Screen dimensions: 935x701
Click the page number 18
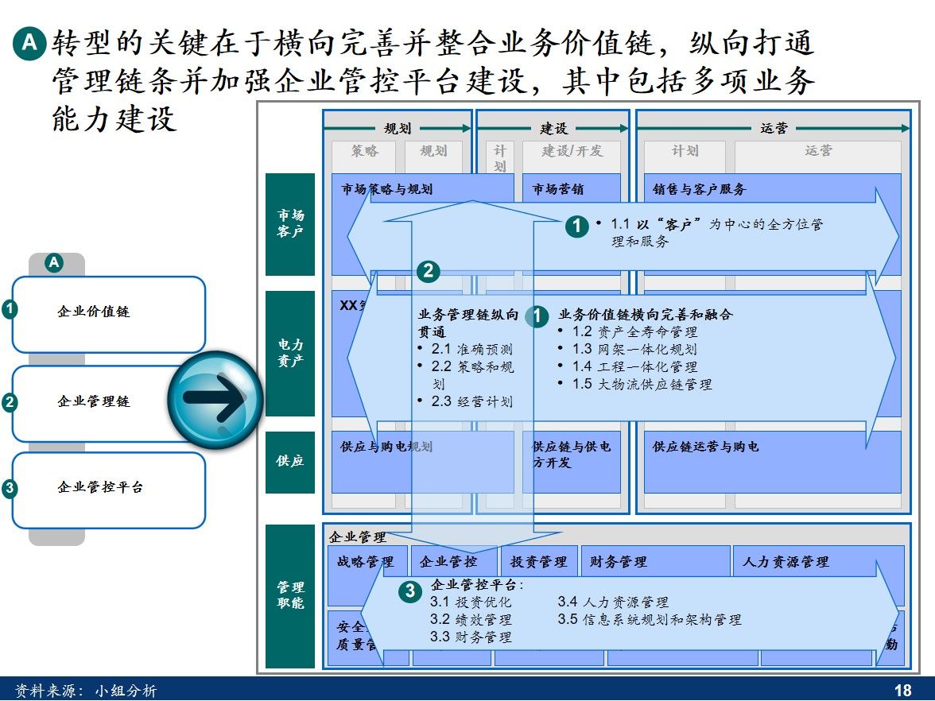click(x=902, y=691)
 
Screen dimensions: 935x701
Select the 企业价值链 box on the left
click(x=108, y=313)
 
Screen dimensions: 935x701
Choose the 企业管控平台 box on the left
click(x=108, y=489)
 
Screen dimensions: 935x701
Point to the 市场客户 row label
click(x=290, y=224)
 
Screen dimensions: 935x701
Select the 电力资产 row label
click(x=290, y=354)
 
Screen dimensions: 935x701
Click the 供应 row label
click(x=290, y=462)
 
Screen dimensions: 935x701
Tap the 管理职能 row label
click(x=290, y=595)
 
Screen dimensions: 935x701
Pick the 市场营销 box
click(x=558, y=190)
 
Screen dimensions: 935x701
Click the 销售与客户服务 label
click(x=700, y=190)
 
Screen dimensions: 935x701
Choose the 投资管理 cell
click(x=538, y=562)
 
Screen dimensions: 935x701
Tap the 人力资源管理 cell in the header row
click(x=786, y=562)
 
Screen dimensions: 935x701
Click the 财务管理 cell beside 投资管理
click(x=619, y=562)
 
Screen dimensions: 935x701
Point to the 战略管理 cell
click(x=366, y=562)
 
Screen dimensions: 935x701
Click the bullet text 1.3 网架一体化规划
click(x=634, y=350)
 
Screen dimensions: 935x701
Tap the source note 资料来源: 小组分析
click(x=87, y=691)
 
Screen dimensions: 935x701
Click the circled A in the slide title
click(x=29, y=45)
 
